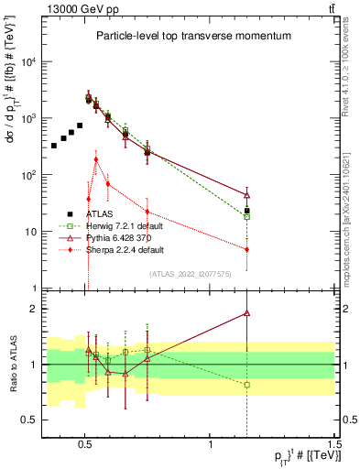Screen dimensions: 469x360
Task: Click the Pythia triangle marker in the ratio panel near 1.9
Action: pyautogui.click(x=247, y=313)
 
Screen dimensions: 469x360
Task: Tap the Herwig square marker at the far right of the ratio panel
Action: pyautogui.click(x=247, y=385)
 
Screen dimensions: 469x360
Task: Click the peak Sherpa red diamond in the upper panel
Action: pyautogui.click(x=96, y=159)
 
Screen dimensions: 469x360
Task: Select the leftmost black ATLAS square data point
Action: pyautogui.click(x=54, y=146)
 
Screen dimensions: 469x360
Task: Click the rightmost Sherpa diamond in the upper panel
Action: pyautogui.click(x=247, y=249)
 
